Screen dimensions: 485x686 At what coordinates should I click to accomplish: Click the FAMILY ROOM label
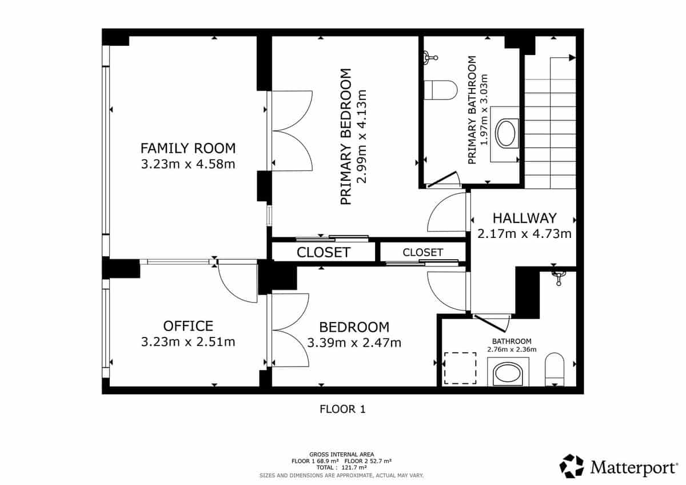[x=188, y=149]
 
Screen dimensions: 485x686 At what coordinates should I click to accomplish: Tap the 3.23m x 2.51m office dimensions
[x=188, y=342]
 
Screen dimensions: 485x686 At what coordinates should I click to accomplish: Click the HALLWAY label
[x=524, y=218]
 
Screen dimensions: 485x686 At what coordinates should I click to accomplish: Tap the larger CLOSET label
[x=324, y=252]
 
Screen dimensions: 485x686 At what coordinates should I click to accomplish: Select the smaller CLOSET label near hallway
[x=422, y=252]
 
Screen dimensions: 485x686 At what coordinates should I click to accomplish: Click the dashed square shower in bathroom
[x=461, y=368]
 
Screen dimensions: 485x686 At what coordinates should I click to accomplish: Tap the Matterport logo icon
[x=572, y=466]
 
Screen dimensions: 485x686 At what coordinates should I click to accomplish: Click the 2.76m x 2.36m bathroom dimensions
[x=509, y=349]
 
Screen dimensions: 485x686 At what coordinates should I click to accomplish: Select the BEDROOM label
[x=354, y=327]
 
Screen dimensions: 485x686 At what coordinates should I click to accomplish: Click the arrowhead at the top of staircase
[x=572, y=57]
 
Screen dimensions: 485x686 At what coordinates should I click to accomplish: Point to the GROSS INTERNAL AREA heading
[x=341, y=454]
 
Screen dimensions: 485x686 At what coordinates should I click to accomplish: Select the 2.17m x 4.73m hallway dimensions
[x=524, y=233]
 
